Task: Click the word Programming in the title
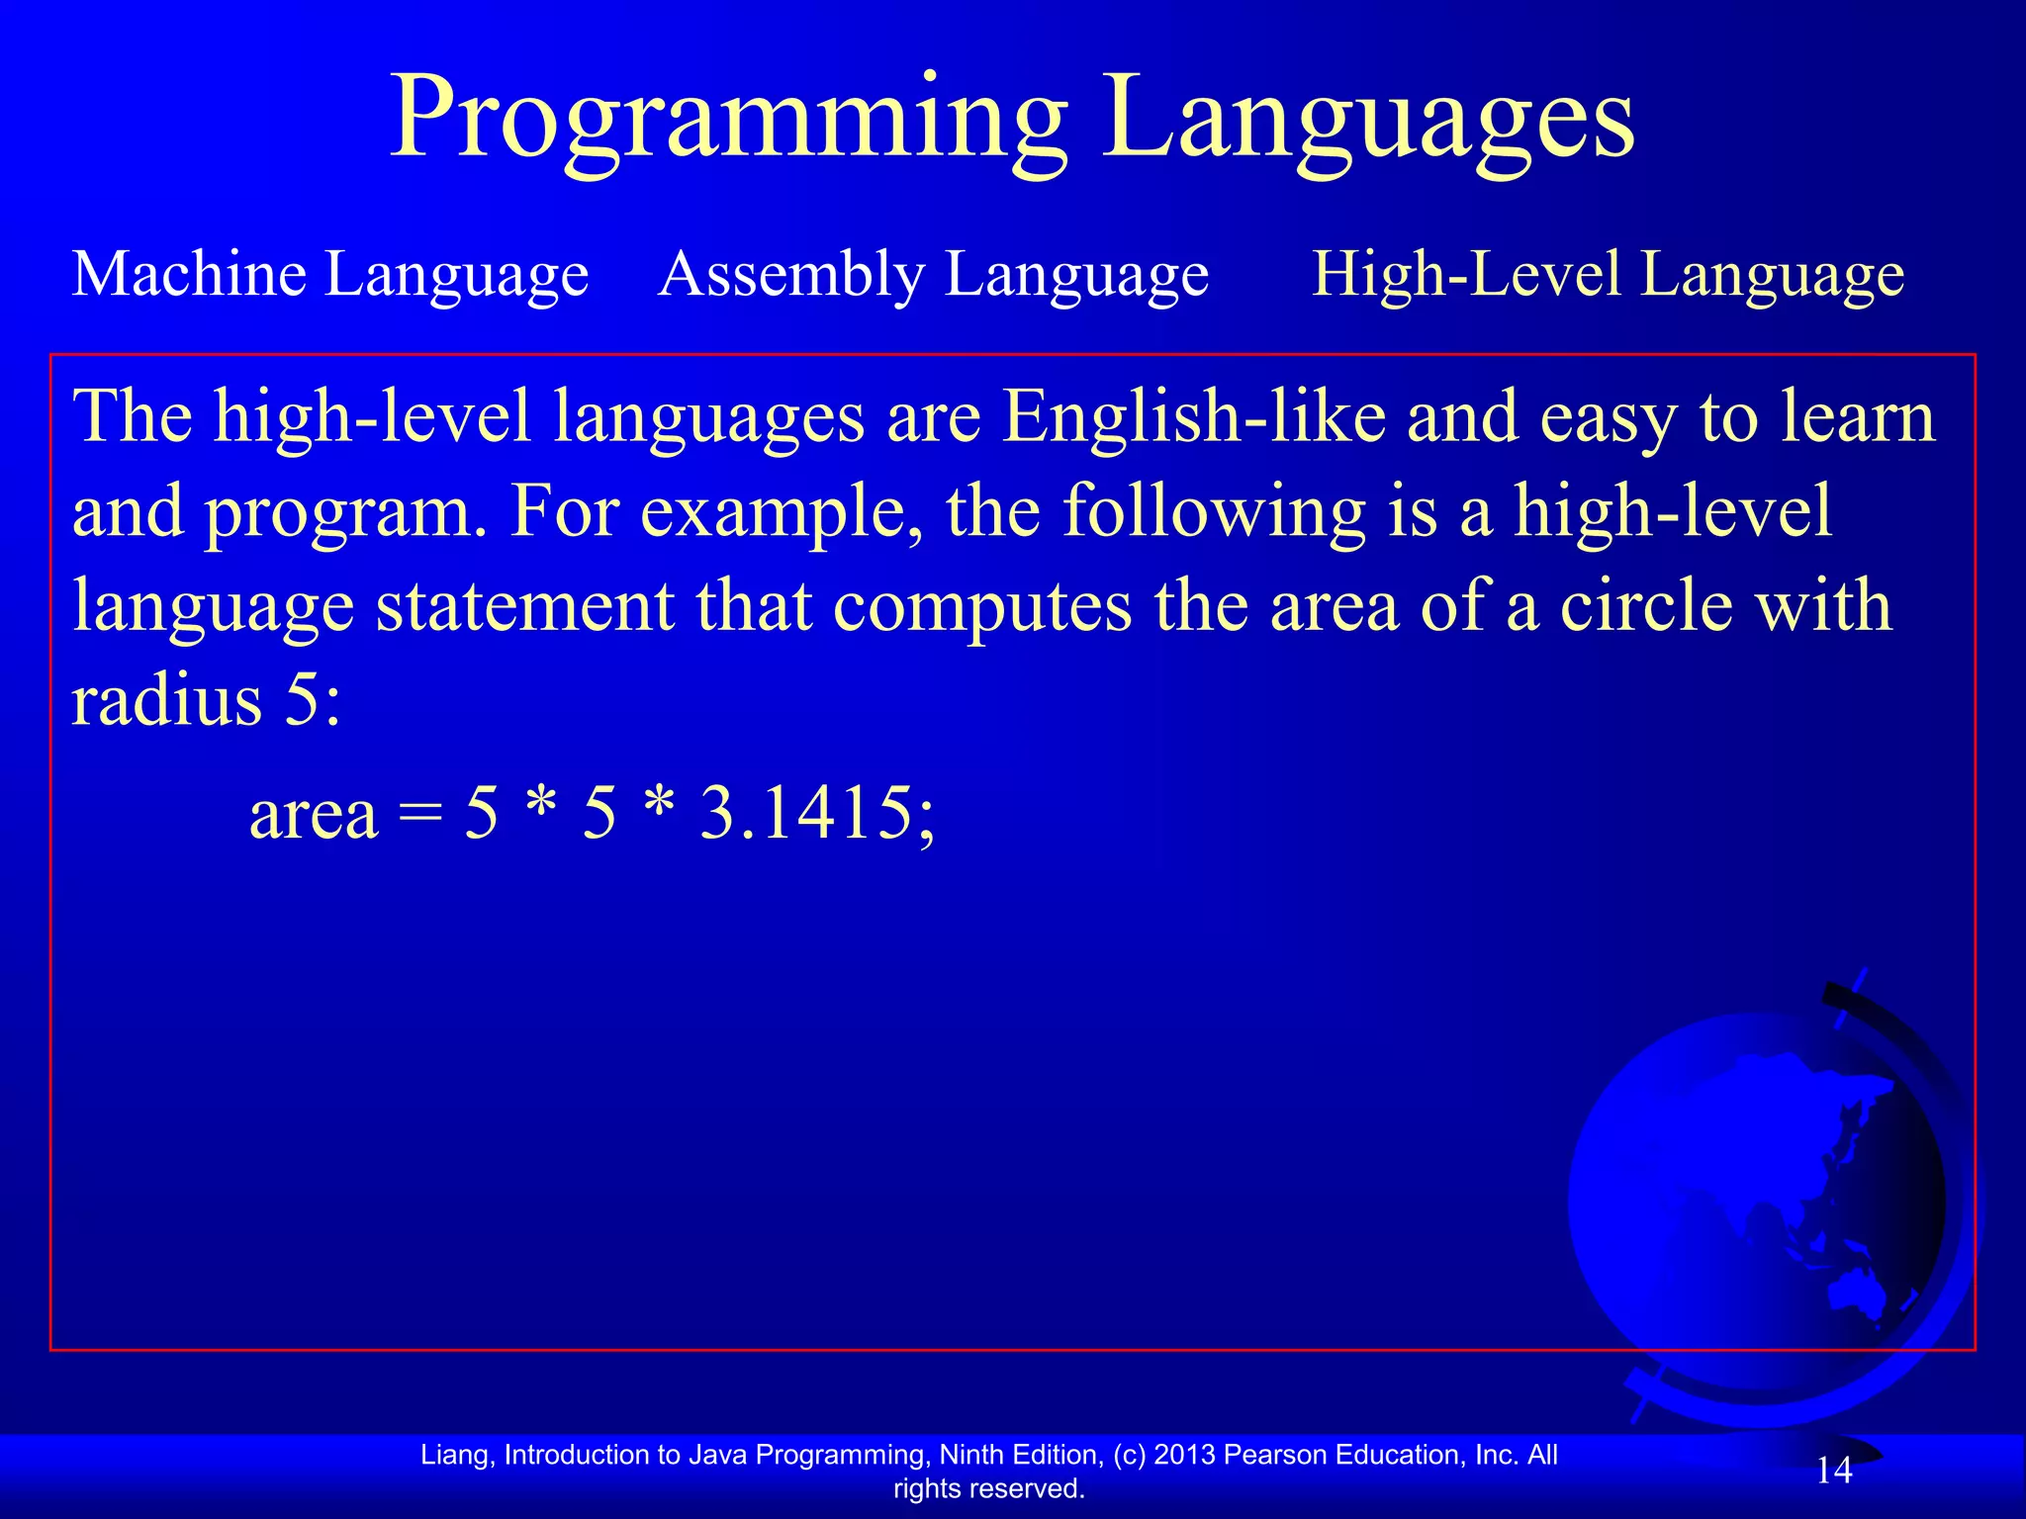tap(729, 121)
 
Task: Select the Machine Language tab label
tap(330, 274)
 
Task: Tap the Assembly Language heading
tap(933, 274)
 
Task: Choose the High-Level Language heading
tap(1608, 274)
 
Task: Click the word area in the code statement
tap(314, 815)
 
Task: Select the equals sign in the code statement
tap(420, 815)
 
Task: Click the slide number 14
tap(1834, 1471)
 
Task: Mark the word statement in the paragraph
tap(524, 605)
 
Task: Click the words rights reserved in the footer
tap(989, 1488)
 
